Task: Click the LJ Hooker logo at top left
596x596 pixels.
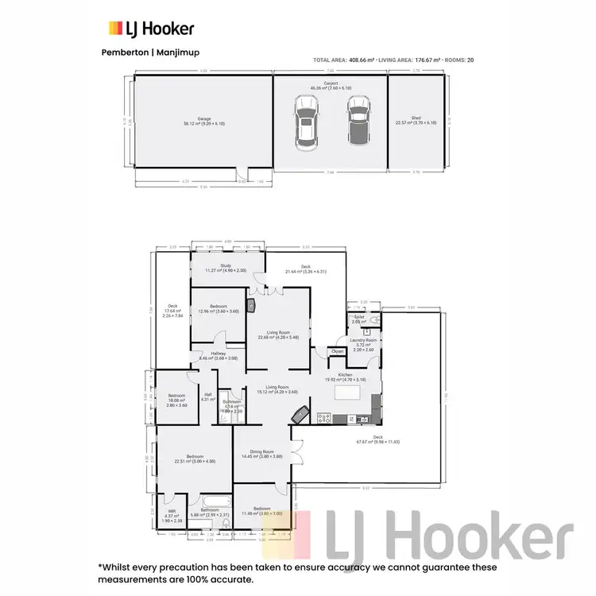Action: tap(151, 29)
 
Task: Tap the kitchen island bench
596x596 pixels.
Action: tap(347, 392)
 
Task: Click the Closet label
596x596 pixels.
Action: tap(337, 350)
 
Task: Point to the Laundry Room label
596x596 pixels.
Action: tap(366, 339)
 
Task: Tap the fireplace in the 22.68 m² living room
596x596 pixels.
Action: tap(252, 304)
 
